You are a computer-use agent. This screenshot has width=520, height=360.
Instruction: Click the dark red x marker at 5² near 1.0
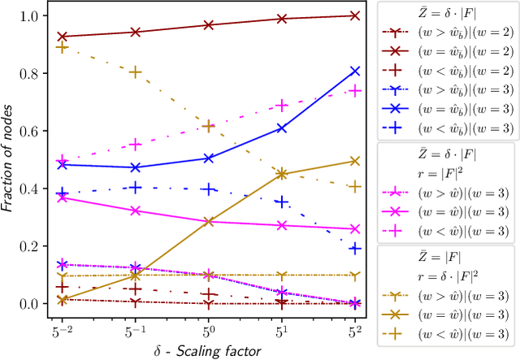point(355,15)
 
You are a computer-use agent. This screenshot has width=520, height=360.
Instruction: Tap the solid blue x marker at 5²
point(355,72)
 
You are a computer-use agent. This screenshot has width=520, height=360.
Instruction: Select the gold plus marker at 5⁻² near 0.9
point(62,47)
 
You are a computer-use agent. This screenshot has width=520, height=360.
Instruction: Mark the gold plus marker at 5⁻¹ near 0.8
point(135,72)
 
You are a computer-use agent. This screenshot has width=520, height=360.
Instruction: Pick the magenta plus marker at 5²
point(355,90)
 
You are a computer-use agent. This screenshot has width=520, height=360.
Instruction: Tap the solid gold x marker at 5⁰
point(208,221)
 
